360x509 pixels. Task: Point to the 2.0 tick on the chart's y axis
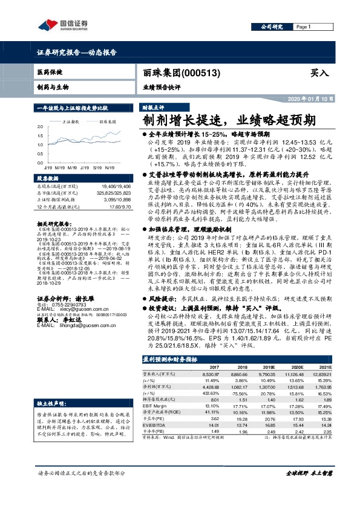[40, 126]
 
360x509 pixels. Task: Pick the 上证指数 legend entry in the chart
[73, 122]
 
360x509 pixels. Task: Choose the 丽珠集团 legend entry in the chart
[106, 122]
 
